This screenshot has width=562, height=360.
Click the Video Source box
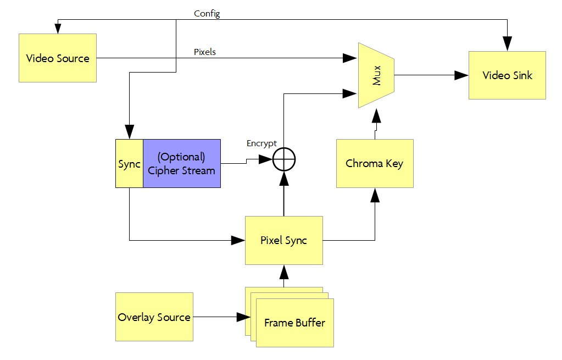point(58,58)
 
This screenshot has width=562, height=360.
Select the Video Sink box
point(507,75)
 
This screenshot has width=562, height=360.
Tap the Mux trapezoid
point(376,75)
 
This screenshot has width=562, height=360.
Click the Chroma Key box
point(374,163)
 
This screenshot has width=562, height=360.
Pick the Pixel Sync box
point(283,241)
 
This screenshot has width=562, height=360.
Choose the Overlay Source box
point(154,317)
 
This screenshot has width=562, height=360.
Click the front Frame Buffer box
point(294,323)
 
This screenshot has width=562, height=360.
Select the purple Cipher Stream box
point(181,163)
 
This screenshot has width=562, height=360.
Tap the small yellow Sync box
point(129,164)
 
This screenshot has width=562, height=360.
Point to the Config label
point(207,13)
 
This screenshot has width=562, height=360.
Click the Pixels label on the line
point(205,52)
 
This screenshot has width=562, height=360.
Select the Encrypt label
point(261,143)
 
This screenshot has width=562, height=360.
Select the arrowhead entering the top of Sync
point(129,132)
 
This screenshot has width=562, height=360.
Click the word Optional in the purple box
point(181,157)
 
